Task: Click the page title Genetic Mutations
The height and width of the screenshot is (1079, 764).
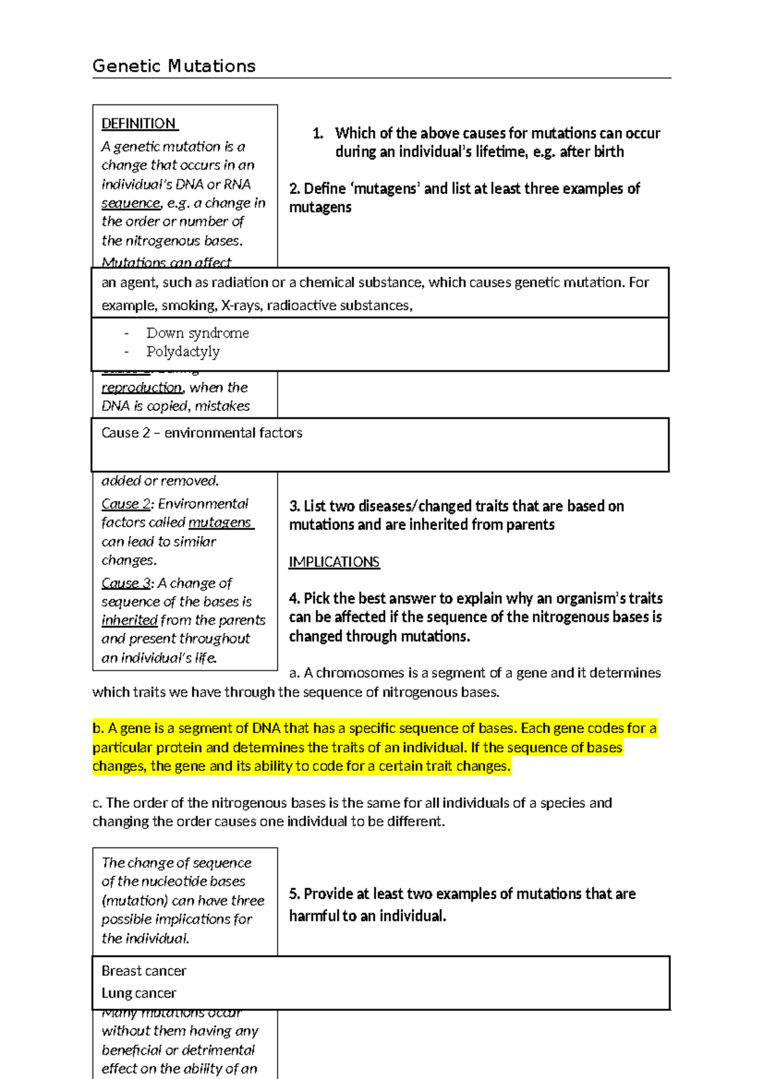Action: tap(174, 66)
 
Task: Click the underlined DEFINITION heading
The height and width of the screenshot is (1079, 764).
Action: tap(139, 123)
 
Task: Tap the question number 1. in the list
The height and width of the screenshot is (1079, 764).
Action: tap(318, 133)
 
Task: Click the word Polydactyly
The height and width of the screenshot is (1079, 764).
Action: tap(183, 351)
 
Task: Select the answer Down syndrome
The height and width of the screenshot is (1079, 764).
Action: tap(197, 333)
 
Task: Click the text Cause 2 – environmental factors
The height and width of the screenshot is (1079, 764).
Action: tap(202, 433)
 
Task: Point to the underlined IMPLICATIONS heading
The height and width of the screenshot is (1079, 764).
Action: tap(334, 562)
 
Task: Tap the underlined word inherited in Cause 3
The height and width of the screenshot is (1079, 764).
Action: tap(129, 620)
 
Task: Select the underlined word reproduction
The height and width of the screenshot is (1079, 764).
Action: tap(142, 387)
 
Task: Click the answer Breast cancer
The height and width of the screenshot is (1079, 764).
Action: tap(144, 971)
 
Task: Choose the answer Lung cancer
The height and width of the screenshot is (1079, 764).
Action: tap(139, 993)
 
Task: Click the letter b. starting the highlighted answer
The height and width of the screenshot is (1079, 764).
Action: tap(98, 728)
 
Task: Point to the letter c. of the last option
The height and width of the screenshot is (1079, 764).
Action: tap(97, 803)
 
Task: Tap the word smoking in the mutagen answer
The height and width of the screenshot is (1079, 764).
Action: tap(188, 305)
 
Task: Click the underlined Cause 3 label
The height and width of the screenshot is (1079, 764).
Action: tap(126, 583)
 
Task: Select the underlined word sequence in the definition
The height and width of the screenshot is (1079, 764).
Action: tap(131, 203)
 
